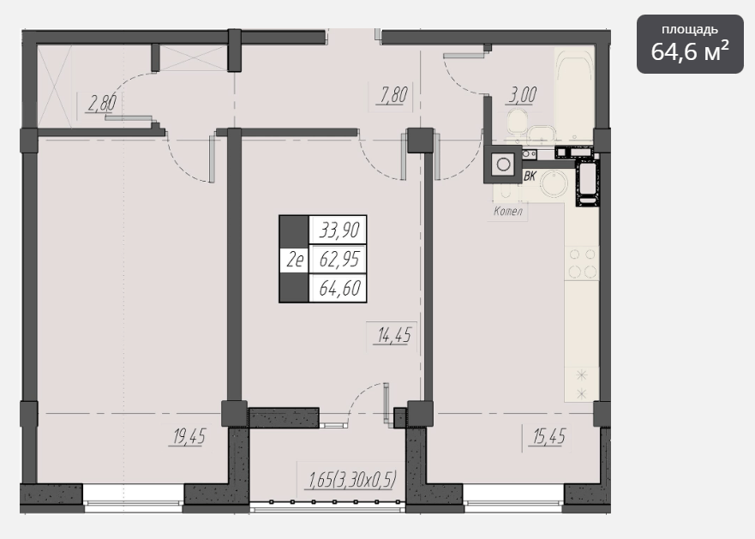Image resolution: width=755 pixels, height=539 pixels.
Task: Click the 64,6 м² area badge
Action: pos(690,45)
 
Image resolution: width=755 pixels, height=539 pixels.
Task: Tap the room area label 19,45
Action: pos(189,437)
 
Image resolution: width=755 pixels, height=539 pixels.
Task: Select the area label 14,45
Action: pos(394,335)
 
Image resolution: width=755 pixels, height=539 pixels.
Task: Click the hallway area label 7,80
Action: pos(394,94)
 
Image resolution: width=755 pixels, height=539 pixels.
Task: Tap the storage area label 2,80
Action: pos(102,103)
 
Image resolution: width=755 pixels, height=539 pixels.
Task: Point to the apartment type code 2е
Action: pos(295,260)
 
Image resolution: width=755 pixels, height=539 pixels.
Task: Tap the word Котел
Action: pos(508,211)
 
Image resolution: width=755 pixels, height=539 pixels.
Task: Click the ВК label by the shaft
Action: pos(530,177)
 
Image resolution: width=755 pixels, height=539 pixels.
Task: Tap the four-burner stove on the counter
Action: pos(583,262)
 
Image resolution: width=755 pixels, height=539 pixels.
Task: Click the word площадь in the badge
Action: pos(690,30)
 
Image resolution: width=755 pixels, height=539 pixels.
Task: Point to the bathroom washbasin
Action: pos(543,135)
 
